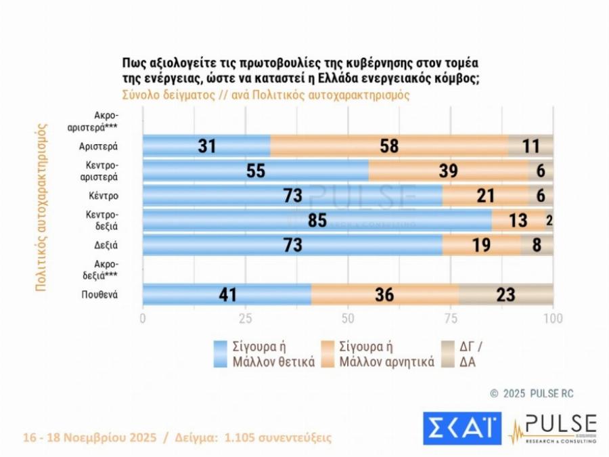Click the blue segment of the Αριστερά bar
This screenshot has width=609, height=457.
tap(206, 146)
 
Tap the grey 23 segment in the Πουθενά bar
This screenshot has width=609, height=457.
tap(505, 295)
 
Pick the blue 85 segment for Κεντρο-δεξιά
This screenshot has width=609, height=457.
tap(317, 221)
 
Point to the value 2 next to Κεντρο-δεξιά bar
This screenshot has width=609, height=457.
tap(549, 221)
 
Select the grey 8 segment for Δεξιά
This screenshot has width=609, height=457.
tap(537, 245)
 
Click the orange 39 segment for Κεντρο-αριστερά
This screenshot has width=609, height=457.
tap(448, 171)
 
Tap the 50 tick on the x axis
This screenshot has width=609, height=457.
tap(348, 318)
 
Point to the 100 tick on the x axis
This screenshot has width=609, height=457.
tap(553, 318)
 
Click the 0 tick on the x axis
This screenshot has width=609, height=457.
tap(143, 318)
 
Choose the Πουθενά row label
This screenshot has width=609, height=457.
tap(100, 295)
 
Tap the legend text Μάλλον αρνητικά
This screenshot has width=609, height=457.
tap(388, 361)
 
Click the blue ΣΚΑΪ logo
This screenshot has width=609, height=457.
tap(462, 429)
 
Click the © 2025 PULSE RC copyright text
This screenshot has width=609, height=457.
tap(532, 393)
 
